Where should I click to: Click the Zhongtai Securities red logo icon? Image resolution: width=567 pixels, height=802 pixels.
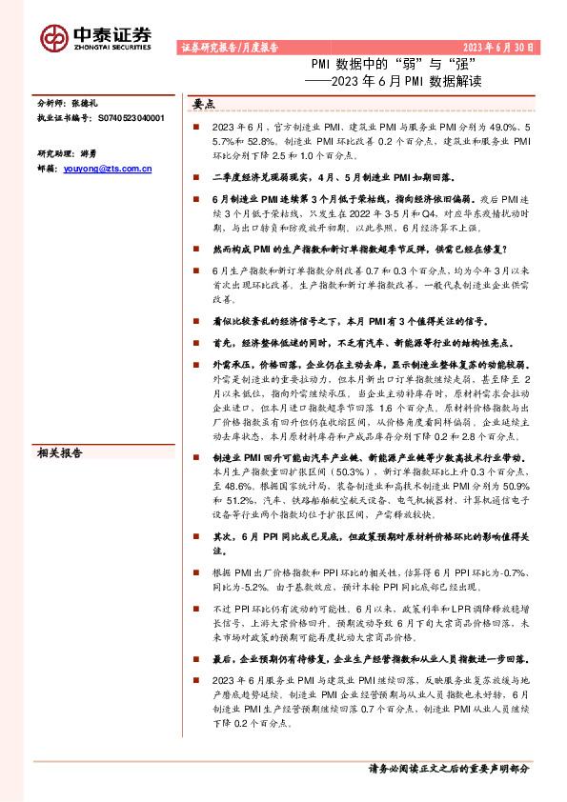[x=54, y=35]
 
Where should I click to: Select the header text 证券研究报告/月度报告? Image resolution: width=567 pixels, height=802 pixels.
[x=230, y=47]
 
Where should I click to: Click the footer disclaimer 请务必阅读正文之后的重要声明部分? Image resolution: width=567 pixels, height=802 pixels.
[x=449, y=768]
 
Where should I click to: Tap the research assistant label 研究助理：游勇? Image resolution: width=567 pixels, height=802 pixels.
[x=67, y=126]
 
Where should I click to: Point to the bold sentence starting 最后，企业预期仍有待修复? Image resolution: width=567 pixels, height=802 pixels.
[x=372, y=658]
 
